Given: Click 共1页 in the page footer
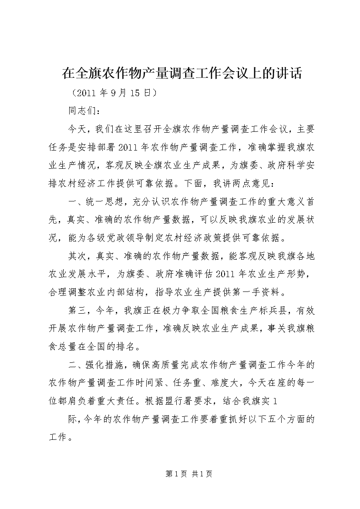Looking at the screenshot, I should pos(202,474).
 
